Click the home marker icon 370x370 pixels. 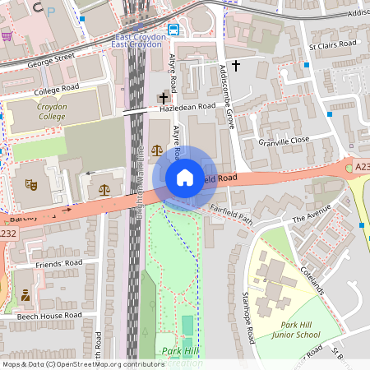[185, 178]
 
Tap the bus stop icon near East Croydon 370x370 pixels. [173, 30]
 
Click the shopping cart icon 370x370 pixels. [7, 36]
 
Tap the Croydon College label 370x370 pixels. [58, 112]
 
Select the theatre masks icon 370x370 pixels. [32, 185]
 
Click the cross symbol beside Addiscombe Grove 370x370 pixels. [236, 65]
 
